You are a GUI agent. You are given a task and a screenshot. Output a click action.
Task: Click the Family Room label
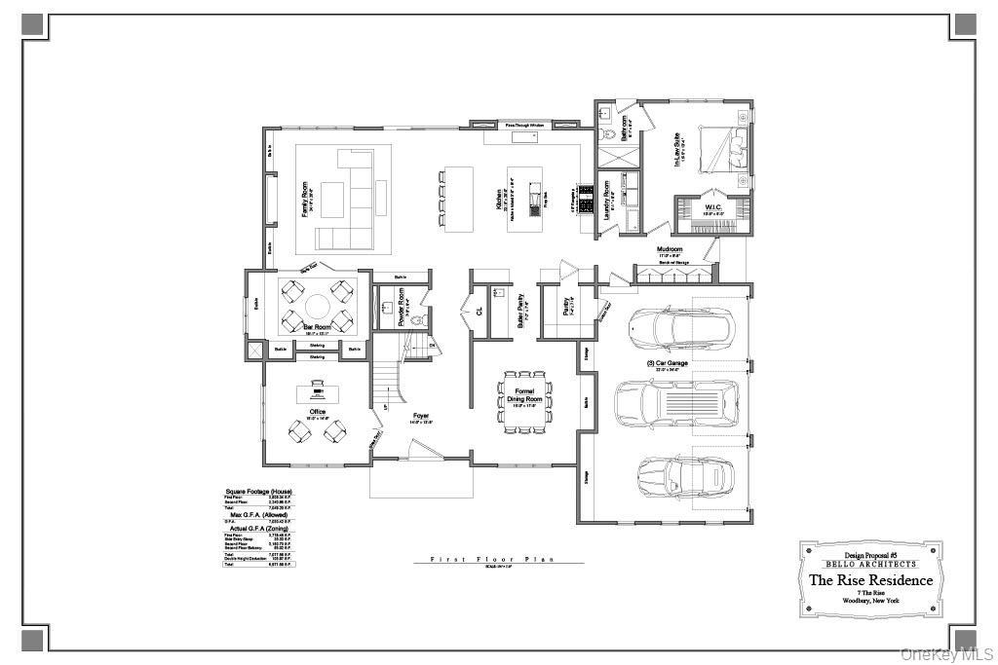click(305, 199)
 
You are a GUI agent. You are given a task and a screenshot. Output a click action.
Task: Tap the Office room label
click(318, 412)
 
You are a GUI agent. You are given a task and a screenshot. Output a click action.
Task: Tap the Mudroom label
click(670, 249)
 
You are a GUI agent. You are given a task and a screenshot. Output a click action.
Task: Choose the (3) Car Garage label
click(668, 362)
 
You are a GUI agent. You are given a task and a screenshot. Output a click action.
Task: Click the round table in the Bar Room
click(313, 306)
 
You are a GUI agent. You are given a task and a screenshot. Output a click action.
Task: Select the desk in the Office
click(318, 391)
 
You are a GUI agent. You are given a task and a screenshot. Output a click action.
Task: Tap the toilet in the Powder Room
click(418, 319)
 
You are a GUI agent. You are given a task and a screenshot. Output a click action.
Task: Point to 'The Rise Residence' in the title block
click(870, 580)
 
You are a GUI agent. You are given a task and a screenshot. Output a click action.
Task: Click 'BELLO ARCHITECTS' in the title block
click(870, 564)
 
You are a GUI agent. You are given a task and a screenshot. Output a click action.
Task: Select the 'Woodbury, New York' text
click(870, 602)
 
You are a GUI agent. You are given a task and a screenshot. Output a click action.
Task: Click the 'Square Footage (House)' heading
click(258, 492)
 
